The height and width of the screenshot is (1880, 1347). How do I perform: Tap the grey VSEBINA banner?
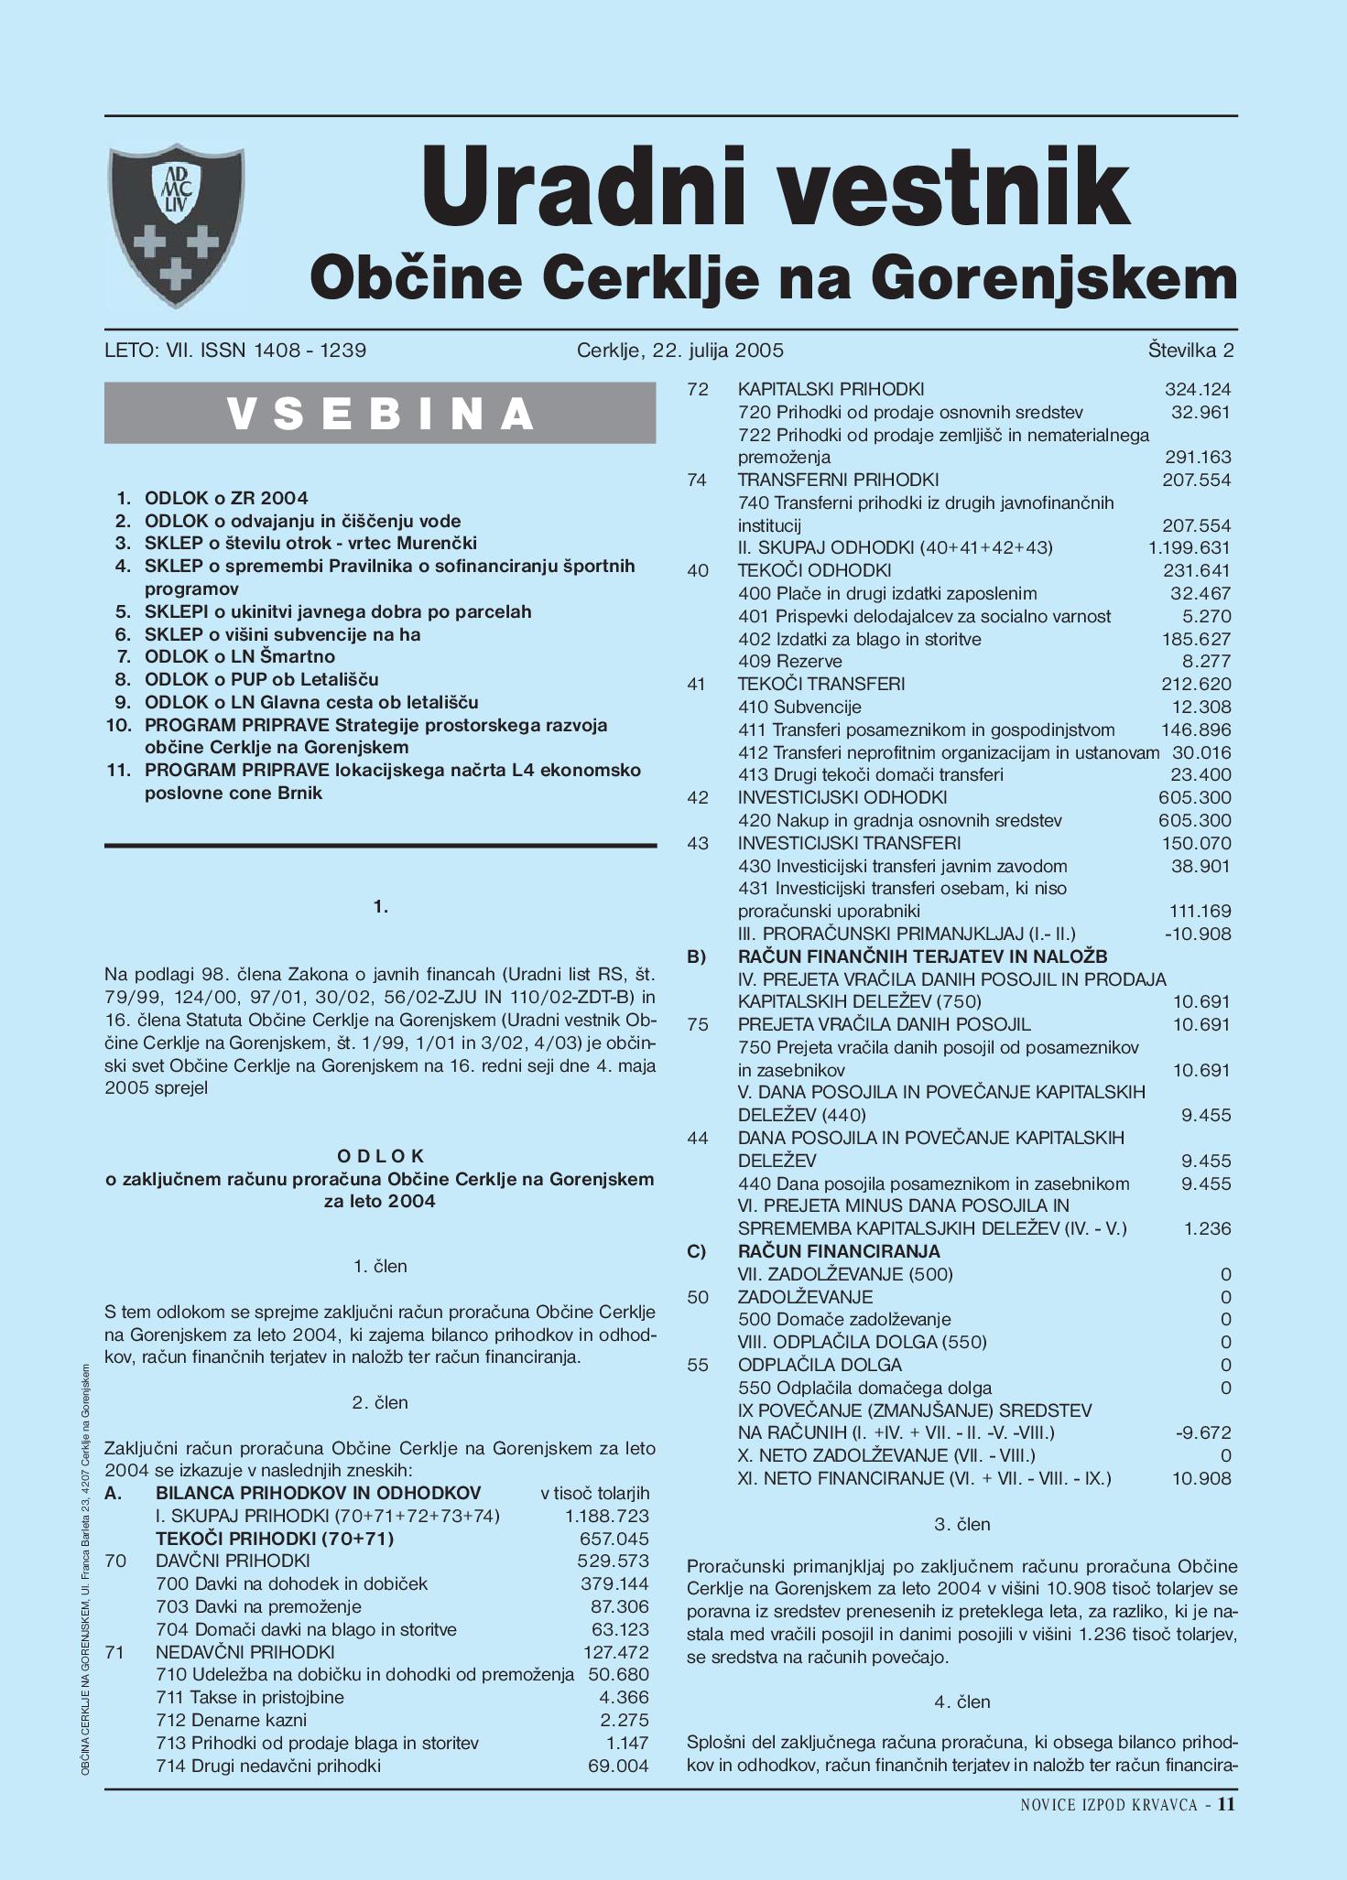[380, 414]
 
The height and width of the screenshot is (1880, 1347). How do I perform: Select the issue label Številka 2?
[1190, 351]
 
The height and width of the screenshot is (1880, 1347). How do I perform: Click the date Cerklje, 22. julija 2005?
[680, 351]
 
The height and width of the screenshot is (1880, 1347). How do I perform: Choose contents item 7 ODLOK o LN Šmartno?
[239, 656]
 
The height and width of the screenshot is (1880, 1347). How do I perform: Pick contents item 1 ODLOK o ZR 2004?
[225, 498]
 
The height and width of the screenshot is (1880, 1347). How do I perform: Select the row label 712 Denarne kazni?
[231, 1720]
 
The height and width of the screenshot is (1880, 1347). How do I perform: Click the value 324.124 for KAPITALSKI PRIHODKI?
[1197, 389]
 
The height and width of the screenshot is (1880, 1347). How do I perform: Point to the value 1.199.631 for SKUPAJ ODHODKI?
[1189, 547]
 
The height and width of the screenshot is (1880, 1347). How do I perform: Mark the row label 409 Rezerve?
[789, 661]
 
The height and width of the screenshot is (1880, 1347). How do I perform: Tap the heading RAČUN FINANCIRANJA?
[839, 1251]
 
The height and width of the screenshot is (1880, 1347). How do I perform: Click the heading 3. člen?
[961, 1524]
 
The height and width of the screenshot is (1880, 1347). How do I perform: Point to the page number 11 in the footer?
[1226, 1805]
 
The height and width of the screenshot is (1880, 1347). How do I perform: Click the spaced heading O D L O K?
[381, 1156]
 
